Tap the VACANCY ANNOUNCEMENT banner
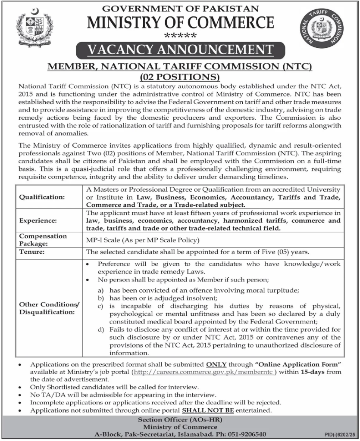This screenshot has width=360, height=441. coord(180,51)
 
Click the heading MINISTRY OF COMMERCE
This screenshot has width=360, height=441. coord(180,22)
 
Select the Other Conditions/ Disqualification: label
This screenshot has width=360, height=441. coord(49,308)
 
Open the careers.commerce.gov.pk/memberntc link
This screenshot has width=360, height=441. coord(203,371)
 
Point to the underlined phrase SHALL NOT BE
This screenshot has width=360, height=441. coord(208,410)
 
